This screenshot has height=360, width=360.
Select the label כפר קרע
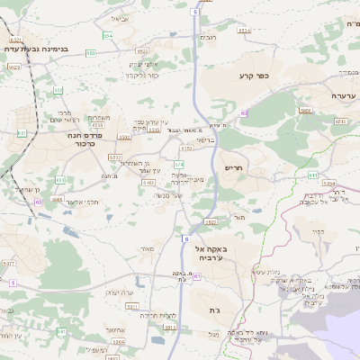point(255,76)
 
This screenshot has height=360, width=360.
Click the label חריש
point(234,167)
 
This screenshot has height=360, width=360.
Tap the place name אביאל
point(120,18)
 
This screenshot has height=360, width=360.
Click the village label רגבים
point(207,37)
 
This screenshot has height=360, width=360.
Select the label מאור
point(148,247)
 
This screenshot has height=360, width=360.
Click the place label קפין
point(316,231)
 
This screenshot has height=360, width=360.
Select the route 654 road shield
point(107,35)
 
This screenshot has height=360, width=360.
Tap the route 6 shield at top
point(196,13)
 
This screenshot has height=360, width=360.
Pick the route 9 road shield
point(12,283)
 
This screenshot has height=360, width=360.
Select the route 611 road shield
point(197,275)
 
